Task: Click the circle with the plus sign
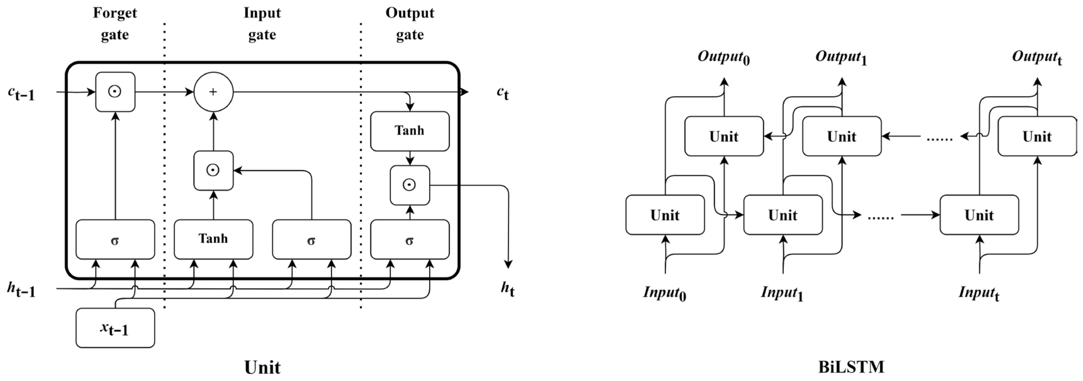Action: coord(213,92)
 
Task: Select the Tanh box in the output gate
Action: coord(409,131)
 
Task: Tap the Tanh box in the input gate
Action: coord(213,239)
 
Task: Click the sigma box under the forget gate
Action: coord(115,239)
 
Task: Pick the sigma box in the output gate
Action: coord(409,239)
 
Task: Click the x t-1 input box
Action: coord(115,328)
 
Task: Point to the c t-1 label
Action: coord(21,93)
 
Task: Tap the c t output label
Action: coord(502,93)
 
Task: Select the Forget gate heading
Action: coord(115,24)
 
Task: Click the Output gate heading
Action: coord(409,24)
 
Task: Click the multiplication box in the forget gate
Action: coord(115,92)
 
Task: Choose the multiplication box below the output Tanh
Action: coord(409,185)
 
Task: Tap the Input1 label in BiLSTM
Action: coord(782,293)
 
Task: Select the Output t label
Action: coord(1037,58)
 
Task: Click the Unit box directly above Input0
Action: coord(665,215)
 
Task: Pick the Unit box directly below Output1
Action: coord(841,136)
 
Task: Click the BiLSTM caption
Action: coord(851,367)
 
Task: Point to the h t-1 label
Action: coord(21,289)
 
